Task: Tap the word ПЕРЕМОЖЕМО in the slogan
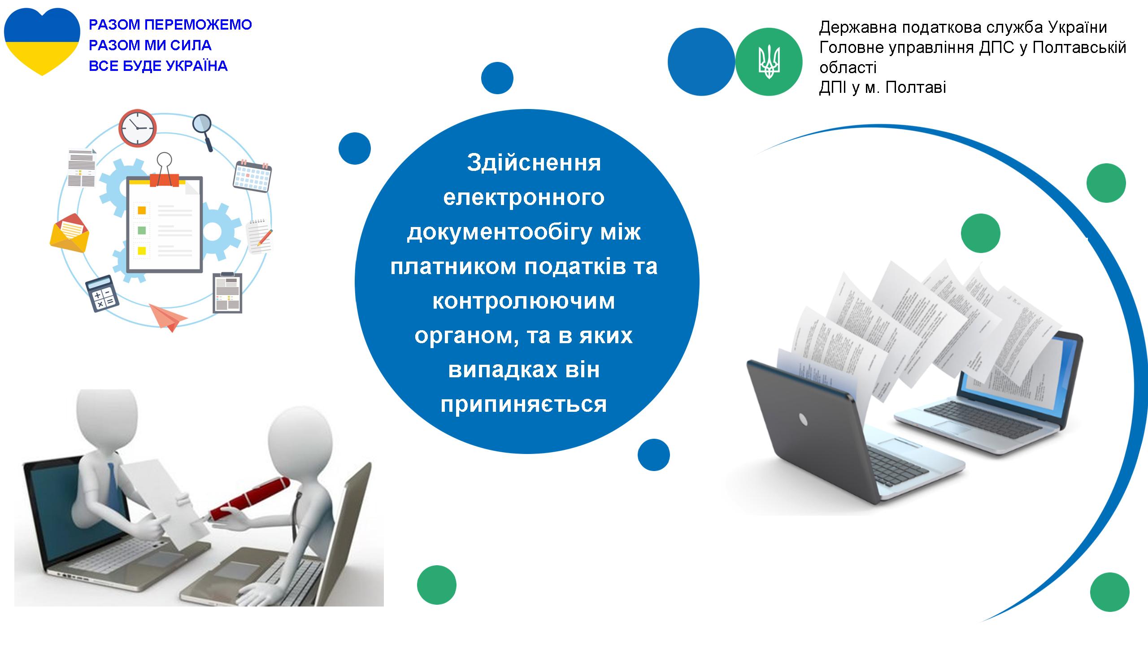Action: tap(199, 25)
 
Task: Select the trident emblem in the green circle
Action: tap(769, 62)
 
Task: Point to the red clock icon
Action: tap(138, 127)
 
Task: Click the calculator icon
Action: tap(102, 292)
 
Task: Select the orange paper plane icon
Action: tap(168, 317)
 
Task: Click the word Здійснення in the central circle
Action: tap(534, 162)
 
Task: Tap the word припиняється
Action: tap(524, 404)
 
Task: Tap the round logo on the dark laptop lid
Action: tap(803, 419)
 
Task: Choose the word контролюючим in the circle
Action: tap(524, 301)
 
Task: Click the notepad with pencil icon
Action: tap(260, 235)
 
